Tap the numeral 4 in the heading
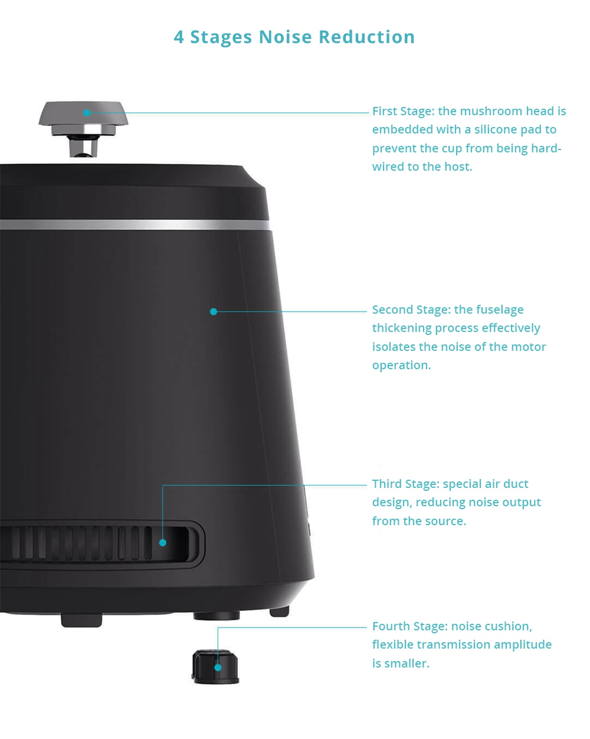tap(179, 37)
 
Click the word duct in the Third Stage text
tap(516, 484)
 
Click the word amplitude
tap(523, 644)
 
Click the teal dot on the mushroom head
tap(86, 113)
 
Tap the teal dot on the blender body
tap(214, 311)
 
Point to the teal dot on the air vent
tap(163, 542)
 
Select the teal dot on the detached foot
tap(218, 668)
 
